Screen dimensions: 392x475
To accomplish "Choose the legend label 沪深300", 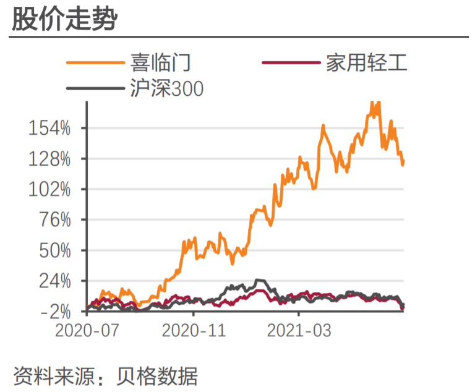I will (x=166, y=89).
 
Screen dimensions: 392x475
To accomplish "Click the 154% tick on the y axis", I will (x=50, y=129).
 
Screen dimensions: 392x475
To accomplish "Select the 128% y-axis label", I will (x=50, y=159).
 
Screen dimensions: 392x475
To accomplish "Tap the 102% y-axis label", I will (x=50, y=189).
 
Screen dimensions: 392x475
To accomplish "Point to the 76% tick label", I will (x=54, y=220).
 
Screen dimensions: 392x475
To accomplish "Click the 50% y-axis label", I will (x=54, y=250).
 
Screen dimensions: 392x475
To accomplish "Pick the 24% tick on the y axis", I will (x=54, y=281).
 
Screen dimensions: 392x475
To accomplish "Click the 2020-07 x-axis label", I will (x=87, y=331).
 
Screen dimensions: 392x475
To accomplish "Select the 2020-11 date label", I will (x=193, y=331).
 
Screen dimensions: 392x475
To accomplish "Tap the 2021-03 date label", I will (x=299, y=331).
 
